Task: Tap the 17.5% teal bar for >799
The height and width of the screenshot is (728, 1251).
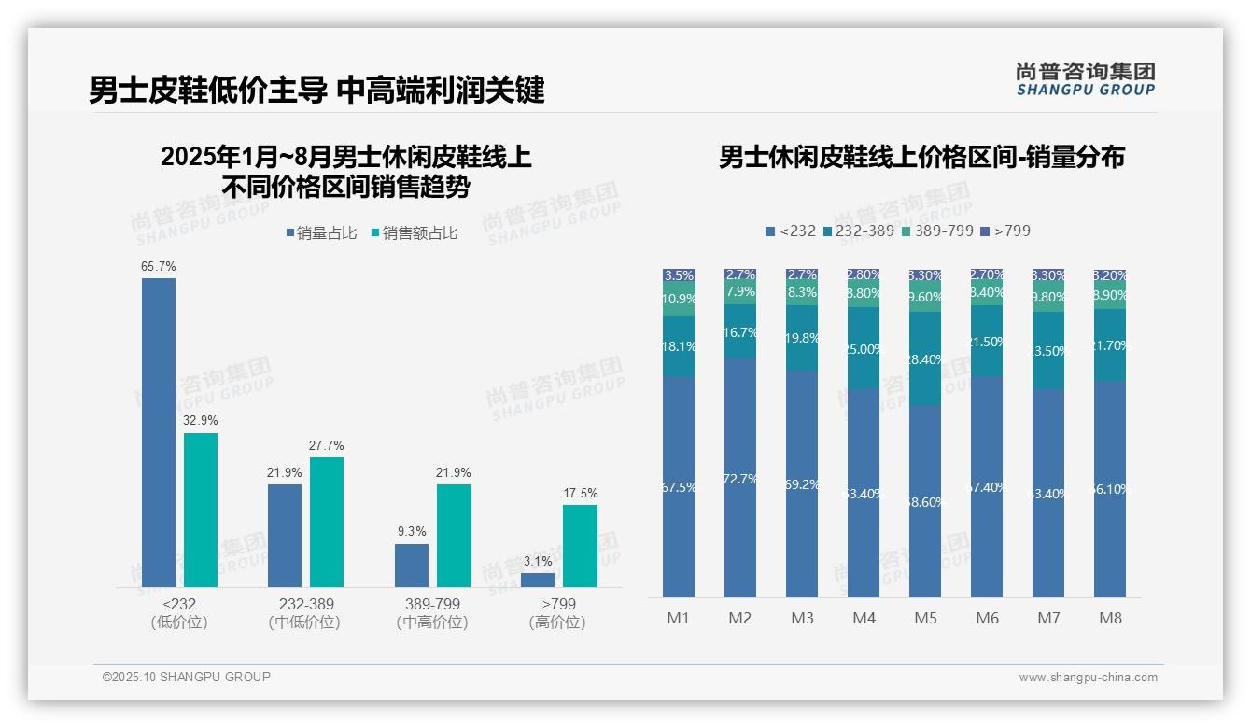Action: pyautogui.click(x=580, y=546)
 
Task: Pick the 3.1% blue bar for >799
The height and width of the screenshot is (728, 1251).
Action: pyautogui.click(x=538, y=580)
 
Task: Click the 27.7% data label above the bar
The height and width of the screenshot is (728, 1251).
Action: pyautogui.click(x=326, y=446)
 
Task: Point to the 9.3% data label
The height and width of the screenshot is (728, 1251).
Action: pyautogui.click(x=411, y=532)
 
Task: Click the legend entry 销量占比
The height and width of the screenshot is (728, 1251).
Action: pyautogui.click(x=321, y=233)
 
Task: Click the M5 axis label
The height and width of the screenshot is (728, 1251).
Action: pyautogui.click(x=925, y=618)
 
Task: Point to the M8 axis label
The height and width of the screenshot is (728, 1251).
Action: pyautogui.click(x=1110, y=618)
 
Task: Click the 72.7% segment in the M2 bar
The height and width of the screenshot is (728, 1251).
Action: pyautogui.click(x=740, y=478)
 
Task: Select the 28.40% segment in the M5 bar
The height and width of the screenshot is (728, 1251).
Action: pyautogui.click(x=925, y=359)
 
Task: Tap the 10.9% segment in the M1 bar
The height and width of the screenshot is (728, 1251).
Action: pyautogui.click(x=679, y=300)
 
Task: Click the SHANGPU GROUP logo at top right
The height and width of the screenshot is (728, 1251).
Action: pyautogui.click(x=1085, y=79)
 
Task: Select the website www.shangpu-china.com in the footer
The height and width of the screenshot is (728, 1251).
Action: pyautogui.click(x=1088, y=678)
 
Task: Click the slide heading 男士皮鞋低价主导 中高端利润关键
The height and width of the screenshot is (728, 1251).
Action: pyautogui.click(x=316, y=91)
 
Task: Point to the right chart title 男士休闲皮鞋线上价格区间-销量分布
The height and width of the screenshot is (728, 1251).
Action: pyautogui.click(x=921, y=157)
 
